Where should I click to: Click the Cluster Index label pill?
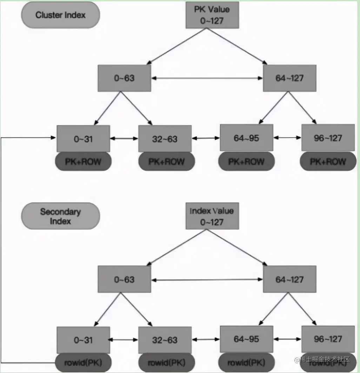click(60, 15)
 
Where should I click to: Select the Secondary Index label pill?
click(60, 216)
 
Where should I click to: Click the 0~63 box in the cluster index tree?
click(124, 78)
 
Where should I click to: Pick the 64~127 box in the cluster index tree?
click(289, 78)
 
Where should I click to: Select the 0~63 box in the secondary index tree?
click(124, 279)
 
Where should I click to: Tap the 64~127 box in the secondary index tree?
click(289, 279)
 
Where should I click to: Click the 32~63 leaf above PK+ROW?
click(165, 139)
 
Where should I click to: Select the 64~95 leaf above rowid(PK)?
click(246, 339)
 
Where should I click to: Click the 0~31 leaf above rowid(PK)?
click(84, 340)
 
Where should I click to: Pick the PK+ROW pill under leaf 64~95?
click(246, 162)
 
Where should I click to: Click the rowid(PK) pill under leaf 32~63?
click(166, 362)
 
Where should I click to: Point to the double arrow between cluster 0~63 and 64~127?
click(207, 78)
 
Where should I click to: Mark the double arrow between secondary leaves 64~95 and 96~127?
click(287, 339)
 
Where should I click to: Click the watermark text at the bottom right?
click(322, 359)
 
